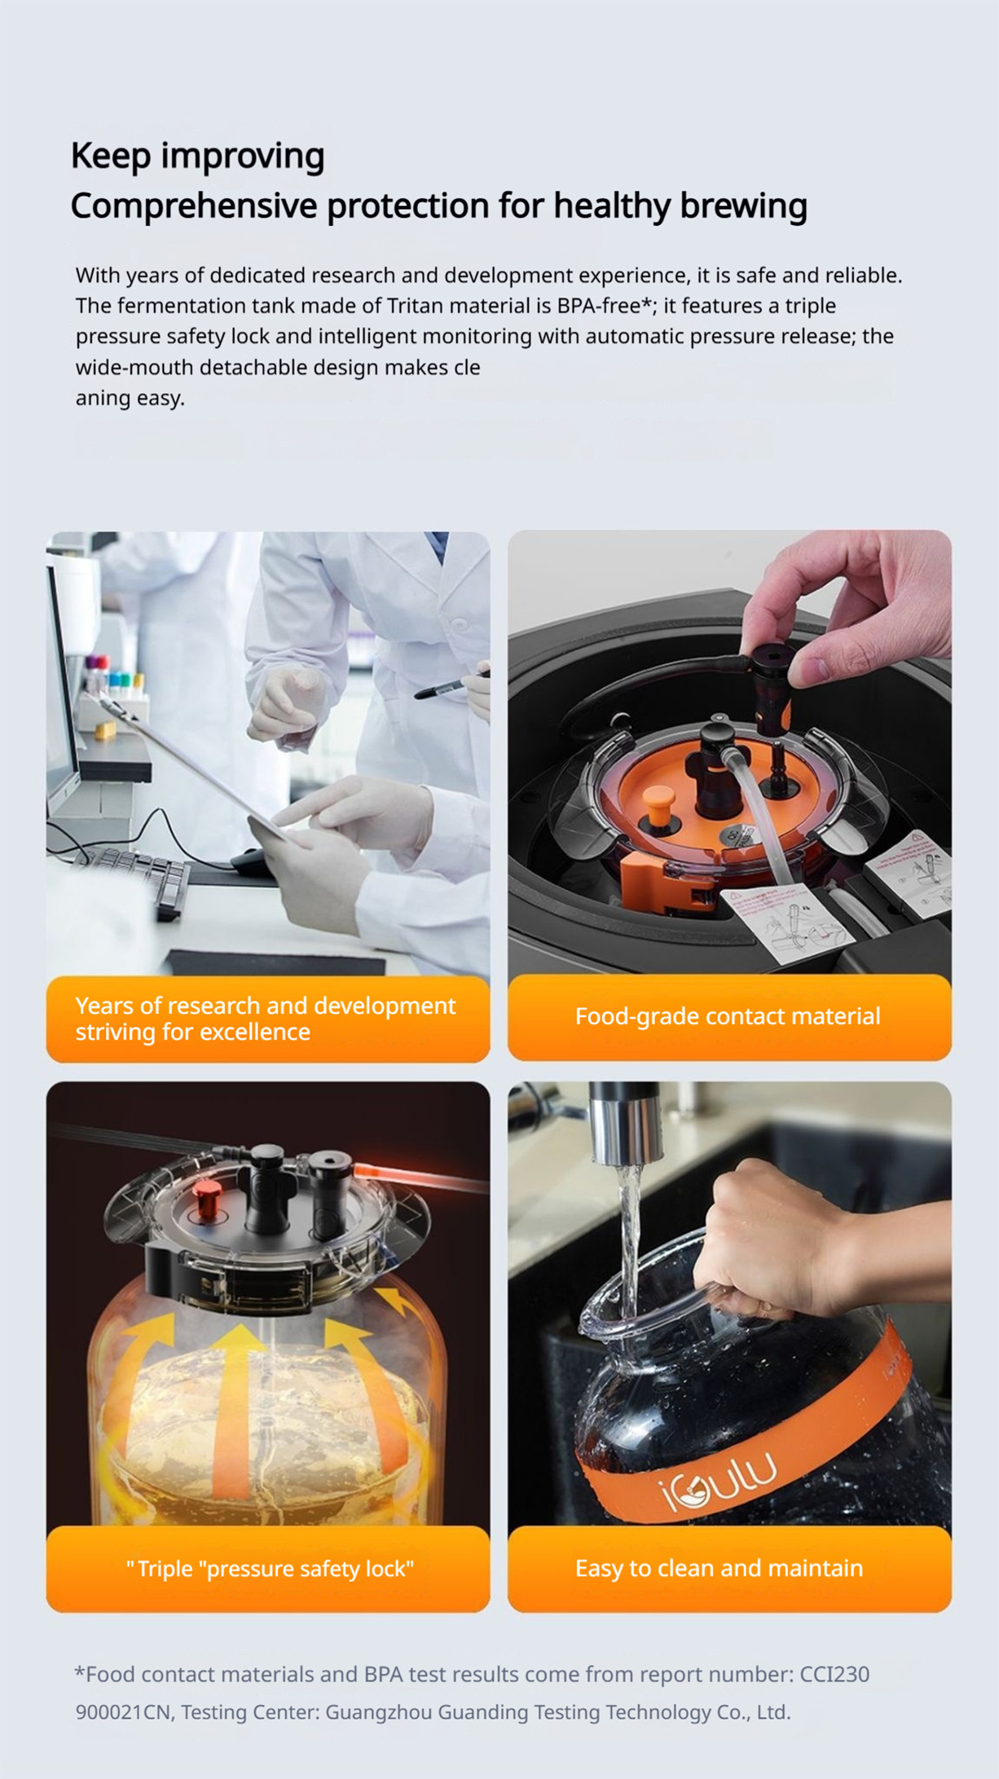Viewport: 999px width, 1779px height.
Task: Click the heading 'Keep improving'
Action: (198, 156)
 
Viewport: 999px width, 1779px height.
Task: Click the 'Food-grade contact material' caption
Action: (728, 1016)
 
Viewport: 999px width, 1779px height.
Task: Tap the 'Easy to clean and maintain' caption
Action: (719, 1568)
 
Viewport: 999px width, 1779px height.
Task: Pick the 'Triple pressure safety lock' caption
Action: (270, 1569)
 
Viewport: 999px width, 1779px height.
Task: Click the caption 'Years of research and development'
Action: (266, 1006)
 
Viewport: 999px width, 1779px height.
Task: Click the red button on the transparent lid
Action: (209, 1197)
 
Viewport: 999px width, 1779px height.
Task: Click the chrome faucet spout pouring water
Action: (625, 1122)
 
